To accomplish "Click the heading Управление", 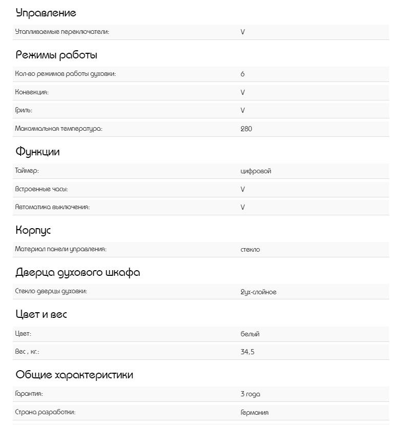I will coord(46,13).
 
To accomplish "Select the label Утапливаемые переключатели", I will coord(62,32).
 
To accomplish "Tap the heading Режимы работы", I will coord(56,55).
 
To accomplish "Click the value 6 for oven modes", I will coord(243,74).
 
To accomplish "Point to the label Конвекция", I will coord(32,92).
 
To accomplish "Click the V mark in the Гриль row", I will coord(243,110).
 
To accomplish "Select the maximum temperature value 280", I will coord(246,129).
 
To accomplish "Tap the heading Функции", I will coord(37,152).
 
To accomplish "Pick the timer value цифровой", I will coord(255,171).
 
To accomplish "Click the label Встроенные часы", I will coord(42,189).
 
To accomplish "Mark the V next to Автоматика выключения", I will coord(243,207).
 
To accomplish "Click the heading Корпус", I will coord(33,231).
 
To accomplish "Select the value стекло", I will coord(250,250).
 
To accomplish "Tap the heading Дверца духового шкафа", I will coord(78,273).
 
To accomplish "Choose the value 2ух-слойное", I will coord(258,292).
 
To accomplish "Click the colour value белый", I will coord(250,334).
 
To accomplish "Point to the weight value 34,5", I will coord(247,352).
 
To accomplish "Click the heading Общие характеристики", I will coord(74,375).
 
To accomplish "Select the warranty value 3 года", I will coord(250,394).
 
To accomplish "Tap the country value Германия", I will coord(254,413).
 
